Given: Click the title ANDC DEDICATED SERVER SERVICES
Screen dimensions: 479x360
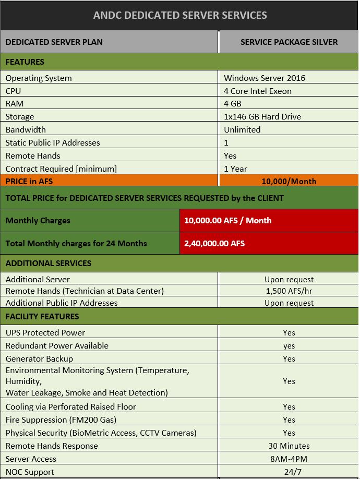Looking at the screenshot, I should (x=180, y=15).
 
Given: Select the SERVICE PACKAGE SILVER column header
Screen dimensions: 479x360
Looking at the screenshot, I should (x=289, y=42).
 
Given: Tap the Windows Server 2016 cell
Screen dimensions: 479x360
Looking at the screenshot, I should (x=265, y=78).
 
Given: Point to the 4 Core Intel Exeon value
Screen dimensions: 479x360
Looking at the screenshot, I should (x=258, y=91).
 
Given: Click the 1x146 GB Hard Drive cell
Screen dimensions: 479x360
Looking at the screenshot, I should (x=262, y=116).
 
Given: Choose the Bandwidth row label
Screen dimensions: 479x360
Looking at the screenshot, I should (x=26, y=129).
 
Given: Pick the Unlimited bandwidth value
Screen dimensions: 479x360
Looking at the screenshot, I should (x=242, y=129).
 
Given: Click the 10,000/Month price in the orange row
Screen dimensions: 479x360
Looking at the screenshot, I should (x=289, y=181).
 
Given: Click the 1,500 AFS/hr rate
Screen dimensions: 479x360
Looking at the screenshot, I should (x=289, y=291).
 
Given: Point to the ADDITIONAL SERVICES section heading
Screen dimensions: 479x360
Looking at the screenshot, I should (x=49, y=263).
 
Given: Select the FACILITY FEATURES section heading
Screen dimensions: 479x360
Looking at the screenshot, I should (x=42, y=316).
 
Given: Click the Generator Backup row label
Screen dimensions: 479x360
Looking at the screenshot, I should (x=39, y=358).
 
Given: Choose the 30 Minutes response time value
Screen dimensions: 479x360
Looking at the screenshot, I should (x=289, y=446).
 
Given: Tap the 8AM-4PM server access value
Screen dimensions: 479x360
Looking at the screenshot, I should (x=289, y=459).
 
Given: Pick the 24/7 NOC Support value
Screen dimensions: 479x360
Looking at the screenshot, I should (x=289, y=472).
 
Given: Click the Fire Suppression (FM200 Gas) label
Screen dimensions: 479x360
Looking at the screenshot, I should (x=61, y=420).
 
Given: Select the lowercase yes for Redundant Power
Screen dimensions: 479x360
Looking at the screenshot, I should (x=289, y=346).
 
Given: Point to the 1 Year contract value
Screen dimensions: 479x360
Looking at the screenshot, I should (x=235, y=169).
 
